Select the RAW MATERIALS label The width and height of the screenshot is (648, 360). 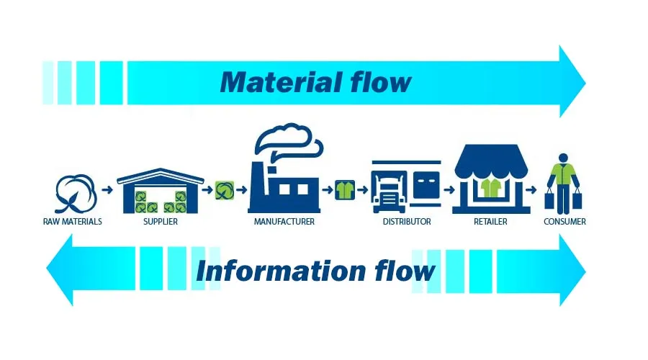click(x=72, y=222)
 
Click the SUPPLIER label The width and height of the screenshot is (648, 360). click(x=160, y=222)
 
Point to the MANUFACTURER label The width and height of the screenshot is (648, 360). click(x=284, y=222)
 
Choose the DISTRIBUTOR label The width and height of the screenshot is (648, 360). click(x=406, y=222)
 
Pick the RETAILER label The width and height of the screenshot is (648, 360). click(x=490, y=222)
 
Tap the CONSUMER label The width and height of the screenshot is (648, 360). click(x=564, y=222)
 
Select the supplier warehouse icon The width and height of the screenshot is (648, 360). click(x=160, y=191)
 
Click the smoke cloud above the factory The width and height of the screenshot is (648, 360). click(x=284, y=138)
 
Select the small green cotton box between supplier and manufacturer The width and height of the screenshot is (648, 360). click(x=225, y=190)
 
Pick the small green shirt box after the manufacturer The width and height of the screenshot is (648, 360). click(x=344, y=190)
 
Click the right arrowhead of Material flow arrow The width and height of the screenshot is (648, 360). click(x=572, y=81)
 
